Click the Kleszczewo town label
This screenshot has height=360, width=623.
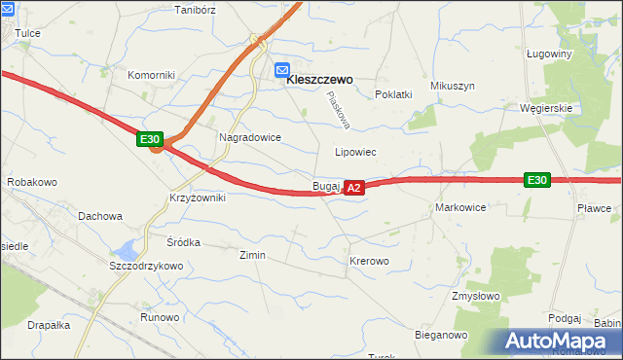coord(319,81)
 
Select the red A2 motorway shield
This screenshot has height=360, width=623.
coord(353,187)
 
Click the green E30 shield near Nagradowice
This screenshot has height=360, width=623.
coord(149,140)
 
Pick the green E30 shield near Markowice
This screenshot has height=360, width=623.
coord(536,180)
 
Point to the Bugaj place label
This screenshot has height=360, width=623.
coord(325,186)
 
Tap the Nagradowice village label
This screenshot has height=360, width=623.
coord(250,138)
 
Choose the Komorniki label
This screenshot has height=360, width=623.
coord(151,75)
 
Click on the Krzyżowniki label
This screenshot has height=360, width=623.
coord(197,198)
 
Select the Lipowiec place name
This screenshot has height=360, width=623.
coord(355,153)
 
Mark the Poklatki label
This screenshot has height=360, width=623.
coord(394,94)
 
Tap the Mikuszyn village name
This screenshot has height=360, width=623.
coord(453,86)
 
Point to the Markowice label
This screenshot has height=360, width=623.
coord(460,208)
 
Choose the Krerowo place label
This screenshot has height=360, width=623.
coord(369,262)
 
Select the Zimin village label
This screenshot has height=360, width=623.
coord(252,255)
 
